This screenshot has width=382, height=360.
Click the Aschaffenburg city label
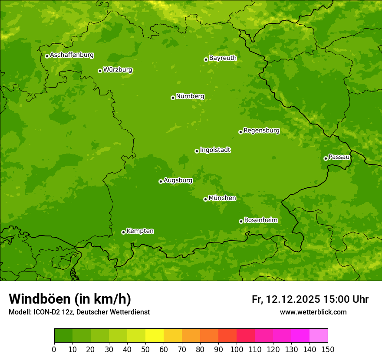tap(72, 55)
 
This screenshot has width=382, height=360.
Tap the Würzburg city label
tap(118, 70)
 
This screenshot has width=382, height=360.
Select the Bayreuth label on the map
tap(223, 58)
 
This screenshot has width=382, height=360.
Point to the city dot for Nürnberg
tap(173, 98)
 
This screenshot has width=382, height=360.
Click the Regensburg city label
tap(261, 131)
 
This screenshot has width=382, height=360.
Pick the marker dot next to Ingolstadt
tap(197, 151)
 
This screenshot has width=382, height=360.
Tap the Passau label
tap(339, 157)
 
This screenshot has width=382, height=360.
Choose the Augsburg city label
tap(178, 180)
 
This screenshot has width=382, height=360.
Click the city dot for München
tap(205, 199)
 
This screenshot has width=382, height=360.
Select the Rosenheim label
tap(260, 220)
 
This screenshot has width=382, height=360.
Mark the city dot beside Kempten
tap(123, 232)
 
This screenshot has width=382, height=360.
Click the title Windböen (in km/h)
tap(69, 299)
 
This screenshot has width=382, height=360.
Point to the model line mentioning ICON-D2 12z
tap(79, 312)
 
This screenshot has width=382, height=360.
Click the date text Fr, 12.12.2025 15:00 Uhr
tap(310, 299)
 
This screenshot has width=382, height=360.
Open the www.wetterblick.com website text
tap(313, 312)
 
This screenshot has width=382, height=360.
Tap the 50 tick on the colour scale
tap(145, 350)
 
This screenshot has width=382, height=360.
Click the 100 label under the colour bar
tap(237, 350)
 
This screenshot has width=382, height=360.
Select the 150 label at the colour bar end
tap(328, 350)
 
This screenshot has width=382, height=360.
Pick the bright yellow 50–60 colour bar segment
tap(155, 336)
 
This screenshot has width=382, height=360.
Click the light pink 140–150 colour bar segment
tap(319, 336)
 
